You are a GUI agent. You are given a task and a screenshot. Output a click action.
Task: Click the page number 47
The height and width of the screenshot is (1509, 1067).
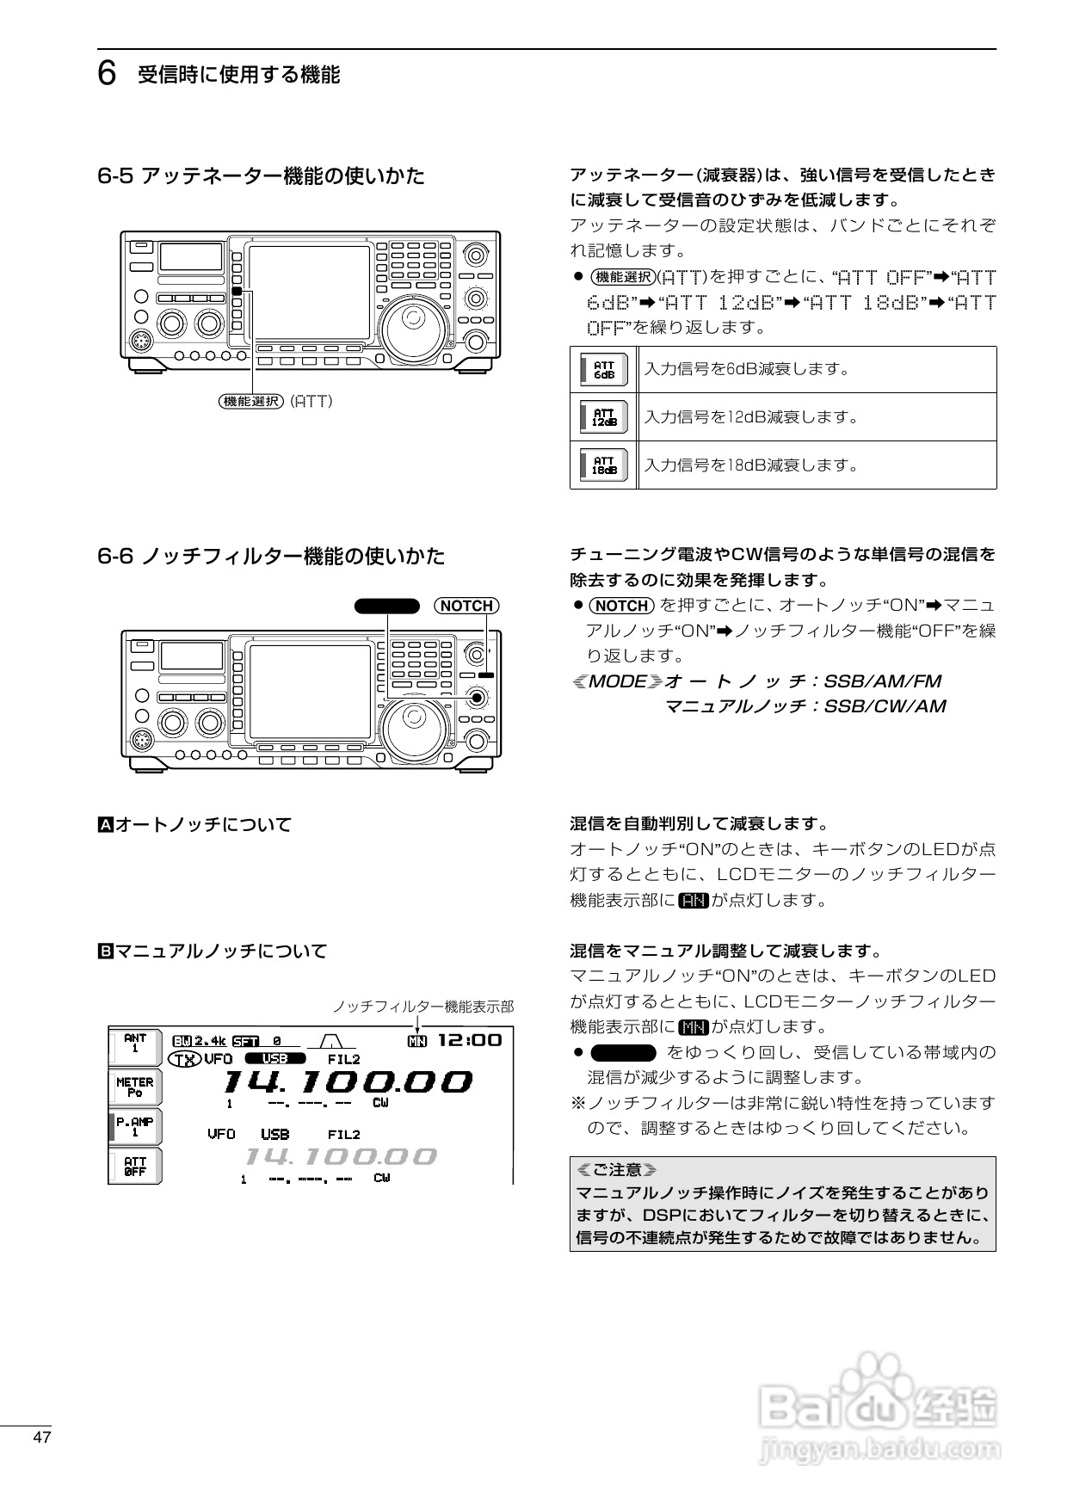coord(42,1437)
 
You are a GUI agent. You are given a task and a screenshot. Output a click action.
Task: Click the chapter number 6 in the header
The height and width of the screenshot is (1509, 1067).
coord(107,75)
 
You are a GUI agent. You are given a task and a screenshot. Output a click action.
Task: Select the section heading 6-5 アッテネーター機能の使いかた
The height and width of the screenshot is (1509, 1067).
coord(261,176)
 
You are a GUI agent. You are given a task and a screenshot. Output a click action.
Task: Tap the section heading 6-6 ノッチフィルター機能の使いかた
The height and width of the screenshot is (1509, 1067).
coord(271,556)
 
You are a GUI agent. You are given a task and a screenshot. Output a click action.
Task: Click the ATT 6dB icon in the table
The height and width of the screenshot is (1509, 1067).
coord(604,370)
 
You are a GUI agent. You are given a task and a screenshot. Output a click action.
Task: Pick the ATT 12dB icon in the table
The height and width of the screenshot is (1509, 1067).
coord(604,418)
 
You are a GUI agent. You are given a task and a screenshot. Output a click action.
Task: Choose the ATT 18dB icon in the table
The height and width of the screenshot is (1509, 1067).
coord(604,465)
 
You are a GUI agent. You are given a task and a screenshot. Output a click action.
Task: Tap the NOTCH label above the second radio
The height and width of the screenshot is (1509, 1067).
coord(466,606)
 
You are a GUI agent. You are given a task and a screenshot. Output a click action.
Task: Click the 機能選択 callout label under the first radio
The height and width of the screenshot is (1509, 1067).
coord(251,401)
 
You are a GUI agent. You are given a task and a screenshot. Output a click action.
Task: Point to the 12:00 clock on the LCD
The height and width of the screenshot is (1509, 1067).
coord(470,1040)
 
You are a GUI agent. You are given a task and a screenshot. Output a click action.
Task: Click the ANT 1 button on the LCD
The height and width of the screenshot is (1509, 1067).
coord(135,1044)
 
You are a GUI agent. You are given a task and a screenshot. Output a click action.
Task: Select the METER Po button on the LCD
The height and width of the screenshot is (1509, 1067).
coord(135,1087)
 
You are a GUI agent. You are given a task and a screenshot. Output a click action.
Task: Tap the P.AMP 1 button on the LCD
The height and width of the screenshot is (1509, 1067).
coord(135,1127)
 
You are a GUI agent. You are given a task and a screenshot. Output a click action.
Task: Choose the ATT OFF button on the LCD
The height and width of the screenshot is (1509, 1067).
coord(135,1167)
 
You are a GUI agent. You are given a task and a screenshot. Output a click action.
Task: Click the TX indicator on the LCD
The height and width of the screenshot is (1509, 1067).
coord(184,1059)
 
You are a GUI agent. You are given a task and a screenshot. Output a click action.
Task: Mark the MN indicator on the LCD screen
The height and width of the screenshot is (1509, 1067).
coord(416,1041)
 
